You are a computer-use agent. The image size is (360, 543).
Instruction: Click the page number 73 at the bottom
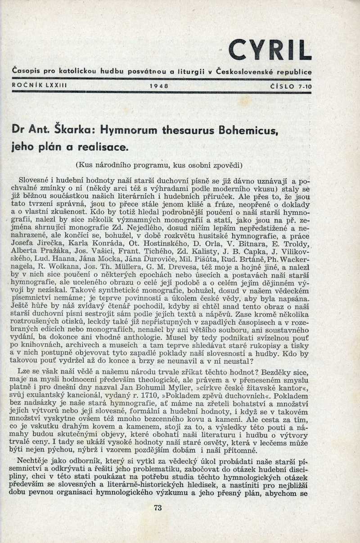coord(157,508)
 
